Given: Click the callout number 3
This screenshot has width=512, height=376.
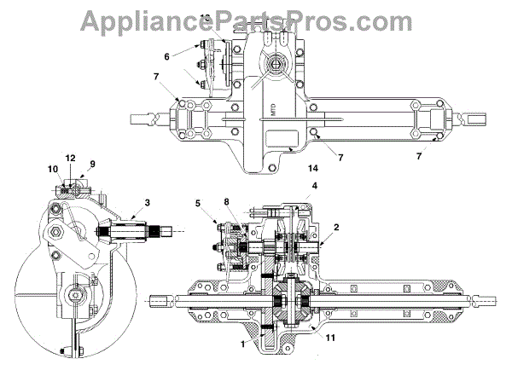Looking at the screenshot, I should click(x=147, y=202).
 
